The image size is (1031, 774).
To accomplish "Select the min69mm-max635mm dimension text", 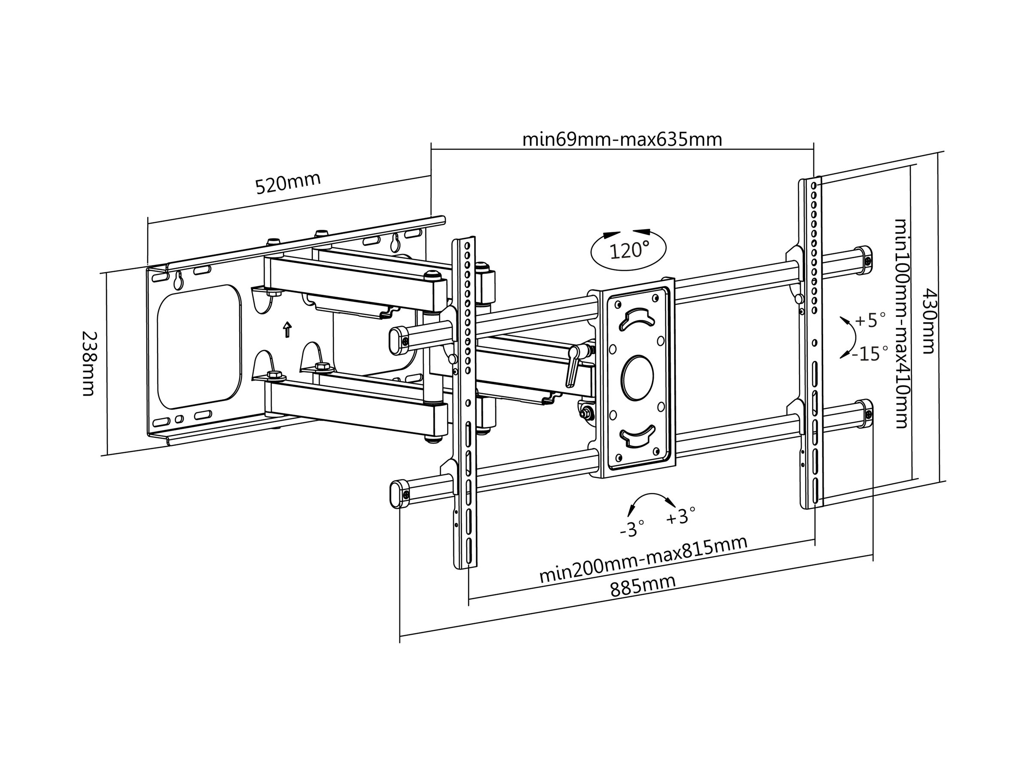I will [622, 139].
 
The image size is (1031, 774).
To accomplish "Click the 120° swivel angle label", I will [629, 251].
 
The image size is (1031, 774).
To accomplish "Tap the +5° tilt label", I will [870, 320].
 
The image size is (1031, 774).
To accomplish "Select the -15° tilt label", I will [870, 353].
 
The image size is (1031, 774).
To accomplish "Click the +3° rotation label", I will [680, 516].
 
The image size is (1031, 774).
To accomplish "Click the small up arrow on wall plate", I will [287, 329].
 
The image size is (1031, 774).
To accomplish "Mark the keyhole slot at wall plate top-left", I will [177, 281].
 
